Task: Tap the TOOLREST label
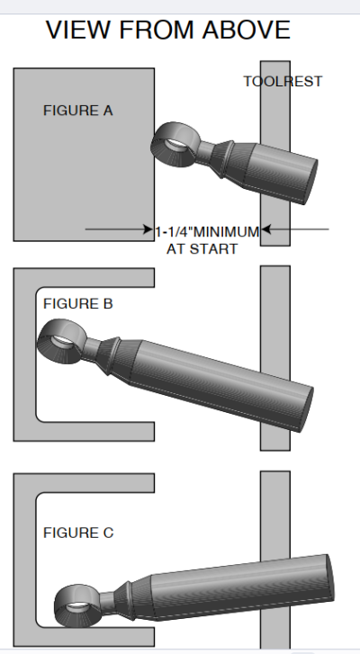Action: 283,81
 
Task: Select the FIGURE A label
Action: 78,111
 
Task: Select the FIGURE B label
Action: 78,304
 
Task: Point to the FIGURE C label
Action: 78,533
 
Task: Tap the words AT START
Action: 202,249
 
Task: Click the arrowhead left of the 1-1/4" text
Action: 148,229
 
